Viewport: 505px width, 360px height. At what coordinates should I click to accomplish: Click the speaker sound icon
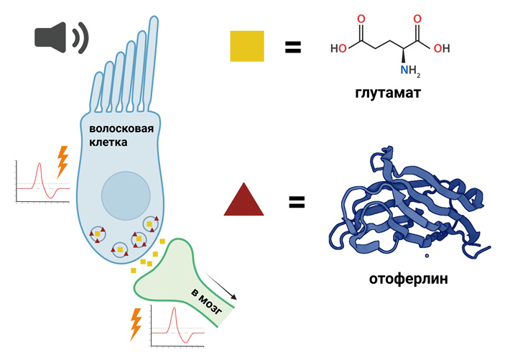[x=60, y=37]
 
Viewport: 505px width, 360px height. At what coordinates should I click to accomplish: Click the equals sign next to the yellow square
[x=292, y=47]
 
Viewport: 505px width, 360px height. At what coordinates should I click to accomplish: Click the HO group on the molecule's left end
[x=339, y=49]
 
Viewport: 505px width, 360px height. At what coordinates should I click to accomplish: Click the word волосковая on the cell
[x=119, y=129]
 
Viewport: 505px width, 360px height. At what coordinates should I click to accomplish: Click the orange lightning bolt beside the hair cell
[x=62, y=162]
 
